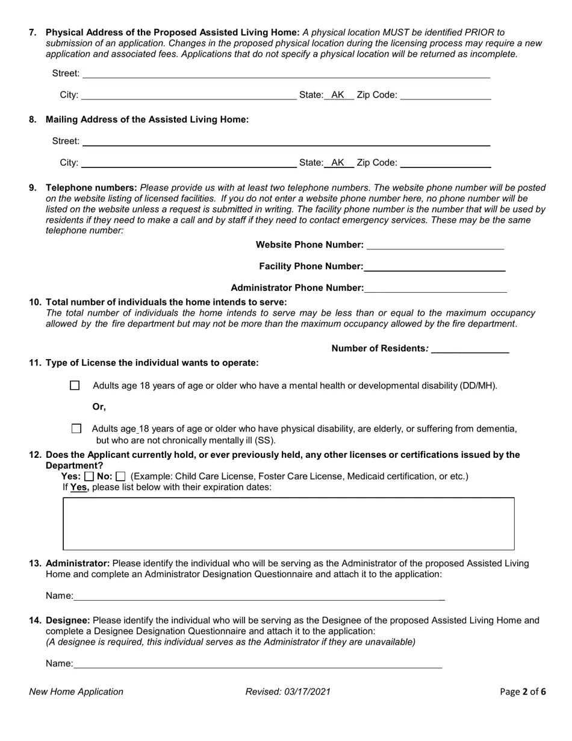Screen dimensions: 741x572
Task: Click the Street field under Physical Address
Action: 286,73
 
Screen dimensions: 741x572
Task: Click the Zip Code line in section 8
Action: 446,163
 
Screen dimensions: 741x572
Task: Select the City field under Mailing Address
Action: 188,163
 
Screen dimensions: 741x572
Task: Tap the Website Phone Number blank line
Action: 435,245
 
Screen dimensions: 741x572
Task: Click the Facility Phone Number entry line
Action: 434,266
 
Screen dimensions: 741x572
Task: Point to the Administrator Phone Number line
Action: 435,288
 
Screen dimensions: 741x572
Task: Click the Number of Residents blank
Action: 470,348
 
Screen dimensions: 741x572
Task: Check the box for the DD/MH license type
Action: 75,386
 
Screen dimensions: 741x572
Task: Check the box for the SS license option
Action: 76,429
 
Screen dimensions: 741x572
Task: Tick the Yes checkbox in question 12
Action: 90,477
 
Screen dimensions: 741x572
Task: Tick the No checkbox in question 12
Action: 121,477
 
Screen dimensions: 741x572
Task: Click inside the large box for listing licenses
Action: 288,524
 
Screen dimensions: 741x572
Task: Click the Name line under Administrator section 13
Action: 259,596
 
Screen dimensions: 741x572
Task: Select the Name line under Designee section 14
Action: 258,664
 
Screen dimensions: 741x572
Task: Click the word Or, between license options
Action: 99,407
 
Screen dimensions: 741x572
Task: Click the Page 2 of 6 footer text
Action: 523,692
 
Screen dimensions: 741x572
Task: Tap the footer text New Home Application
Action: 76,692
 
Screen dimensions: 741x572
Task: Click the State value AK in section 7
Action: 338,95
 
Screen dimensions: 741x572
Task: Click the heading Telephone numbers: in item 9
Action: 92,187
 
